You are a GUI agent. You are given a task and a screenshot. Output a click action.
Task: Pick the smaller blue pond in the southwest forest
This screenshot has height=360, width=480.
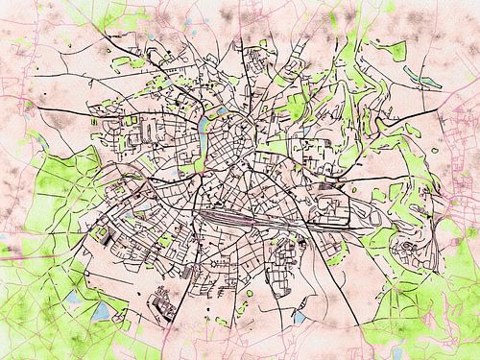point(73,298)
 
